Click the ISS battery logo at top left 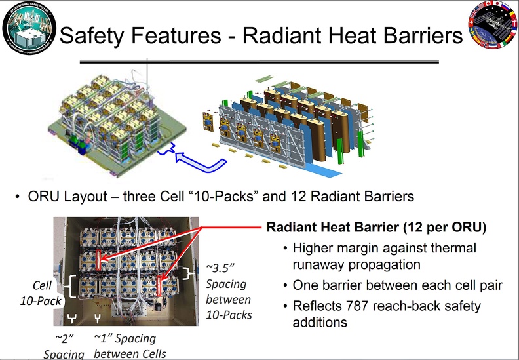pos(29,28)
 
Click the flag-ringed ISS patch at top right pos(493,24)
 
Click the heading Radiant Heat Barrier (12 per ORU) pos(376,227)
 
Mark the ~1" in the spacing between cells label pos(104,338)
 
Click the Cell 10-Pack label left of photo pos(41,292)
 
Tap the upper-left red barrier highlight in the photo pos(98,260)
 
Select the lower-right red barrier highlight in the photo pos(159,286)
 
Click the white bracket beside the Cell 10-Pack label pos(71,286)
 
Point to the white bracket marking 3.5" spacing pos(189,273)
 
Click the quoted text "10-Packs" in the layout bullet pos(222,196)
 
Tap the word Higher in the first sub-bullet pos(312,249)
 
